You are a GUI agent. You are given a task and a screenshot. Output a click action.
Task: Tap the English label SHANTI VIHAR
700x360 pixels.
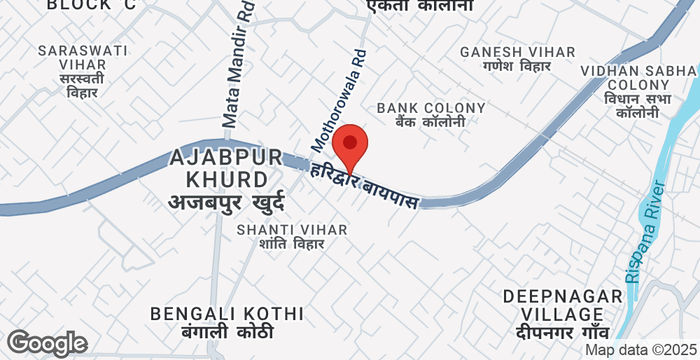click(292, 229)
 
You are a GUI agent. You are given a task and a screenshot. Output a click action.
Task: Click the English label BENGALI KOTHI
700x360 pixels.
click(212, 314)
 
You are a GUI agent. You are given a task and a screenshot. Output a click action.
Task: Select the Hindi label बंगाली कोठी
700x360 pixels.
click(212, 333)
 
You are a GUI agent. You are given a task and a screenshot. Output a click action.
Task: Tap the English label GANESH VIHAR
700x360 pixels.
click(517, 51)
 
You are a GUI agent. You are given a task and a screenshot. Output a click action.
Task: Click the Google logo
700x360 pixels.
click(46, 343)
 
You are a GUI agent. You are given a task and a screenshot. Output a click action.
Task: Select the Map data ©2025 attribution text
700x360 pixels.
click(640, 350)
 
